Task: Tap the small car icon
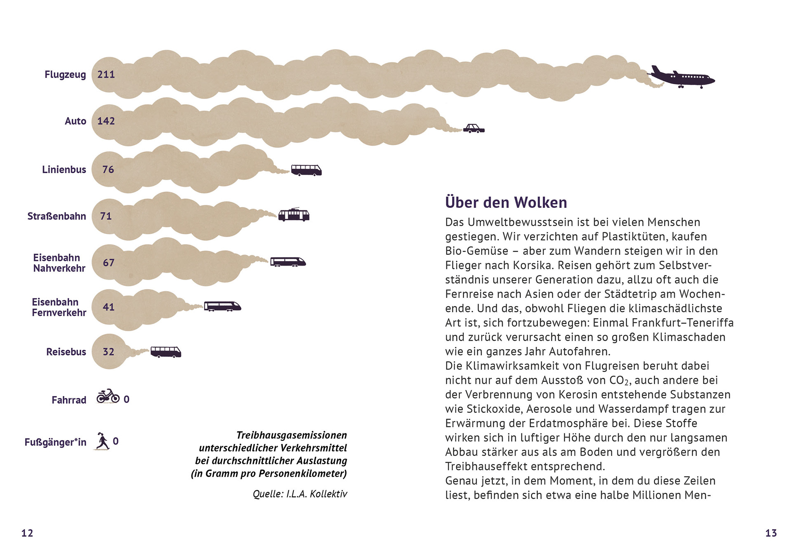(474, 129)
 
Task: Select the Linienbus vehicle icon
(306, 170)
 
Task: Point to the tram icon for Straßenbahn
(294, 215)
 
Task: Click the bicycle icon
(108, 396)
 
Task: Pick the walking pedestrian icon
(102, 441)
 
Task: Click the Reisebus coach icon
(166, 352)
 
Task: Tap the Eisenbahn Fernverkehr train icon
(222, 306)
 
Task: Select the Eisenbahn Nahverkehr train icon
(288, 262)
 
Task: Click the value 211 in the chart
(106, 75)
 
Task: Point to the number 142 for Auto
(106, 121)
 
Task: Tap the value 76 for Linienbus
(108, 170)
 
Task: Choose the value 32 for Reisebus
(108, 352)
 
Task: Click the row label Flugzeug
(65, 75)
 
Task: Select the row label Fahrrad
(69, 400)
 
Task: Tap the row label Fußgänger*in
(55, 443)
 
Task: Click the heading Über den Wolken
(506, 202)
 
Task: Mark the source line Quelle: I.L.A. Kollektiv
(300, 494)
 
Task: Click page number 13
(771, 533)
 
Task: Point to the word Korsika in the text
(533, 265)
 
